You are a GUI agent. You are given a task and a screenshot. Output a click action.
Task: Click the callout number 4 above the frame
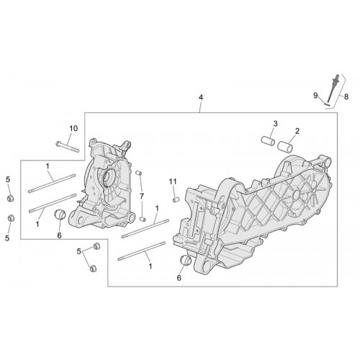pos(201,97)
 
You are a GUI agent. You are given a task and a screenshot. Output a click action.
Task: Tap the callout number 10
pos(73,129)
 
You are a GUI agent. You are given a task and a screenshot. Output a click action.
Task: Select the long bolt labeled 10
pos(67,147)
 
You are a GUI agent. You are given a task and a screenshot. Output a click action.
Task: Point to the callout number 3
pos(275,124)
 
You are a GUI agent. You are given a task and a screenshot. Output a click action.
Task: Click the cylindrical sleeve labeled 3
pos(268,141)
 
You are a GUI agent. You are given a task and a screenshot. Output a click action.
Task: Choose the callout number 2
pos(297,131)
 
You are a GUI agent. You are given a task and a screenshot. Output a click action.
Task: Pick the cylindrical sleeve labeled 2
pos(285,146)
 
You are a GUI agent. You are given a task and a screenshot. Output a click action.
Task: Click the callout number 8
pos(346,96)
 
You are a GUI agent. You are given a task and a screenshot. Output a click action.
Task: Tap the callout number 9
pos(315,96)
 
